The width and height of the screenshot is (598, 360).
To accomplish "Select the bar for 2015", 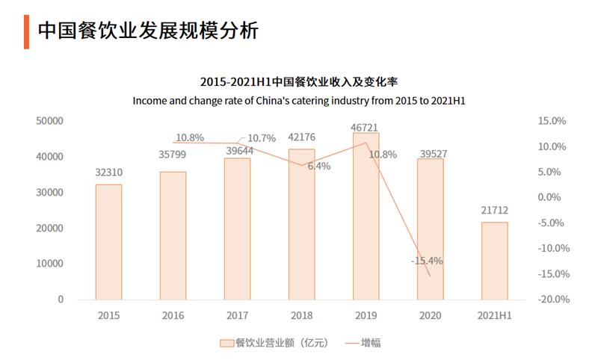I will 108,241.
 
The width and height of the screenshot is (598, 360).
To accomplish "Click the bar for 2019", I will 366,216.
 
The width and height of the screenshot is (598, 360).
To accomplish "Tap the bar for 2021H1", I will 494,261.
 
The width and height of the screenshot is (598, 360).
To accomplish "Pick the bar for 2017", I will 237,229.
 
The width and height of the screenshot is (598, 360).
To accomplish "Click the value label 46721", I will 366,127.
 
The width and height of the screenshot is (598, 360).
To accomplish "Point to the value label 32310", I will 108,173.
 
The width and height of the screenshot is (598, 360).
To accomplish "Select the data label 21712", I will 494,211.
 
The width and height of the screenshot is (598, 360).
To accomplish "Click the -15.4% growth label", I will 427,261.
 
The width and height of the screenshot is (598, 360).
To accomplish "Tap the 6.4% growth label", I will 318,166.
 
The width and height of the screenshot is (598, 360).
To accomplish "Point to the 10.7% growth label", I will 262,138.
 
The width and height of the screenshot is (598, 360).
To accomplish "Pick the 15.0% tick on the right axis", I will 553,121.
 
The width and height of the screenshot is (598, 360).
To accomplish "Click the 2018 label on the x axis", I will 301,316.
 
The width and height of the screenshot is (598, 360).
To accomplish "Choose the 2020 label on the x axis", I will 430,316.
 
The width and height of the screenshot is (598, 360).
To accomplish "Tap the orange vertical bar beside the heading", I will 26,31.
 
